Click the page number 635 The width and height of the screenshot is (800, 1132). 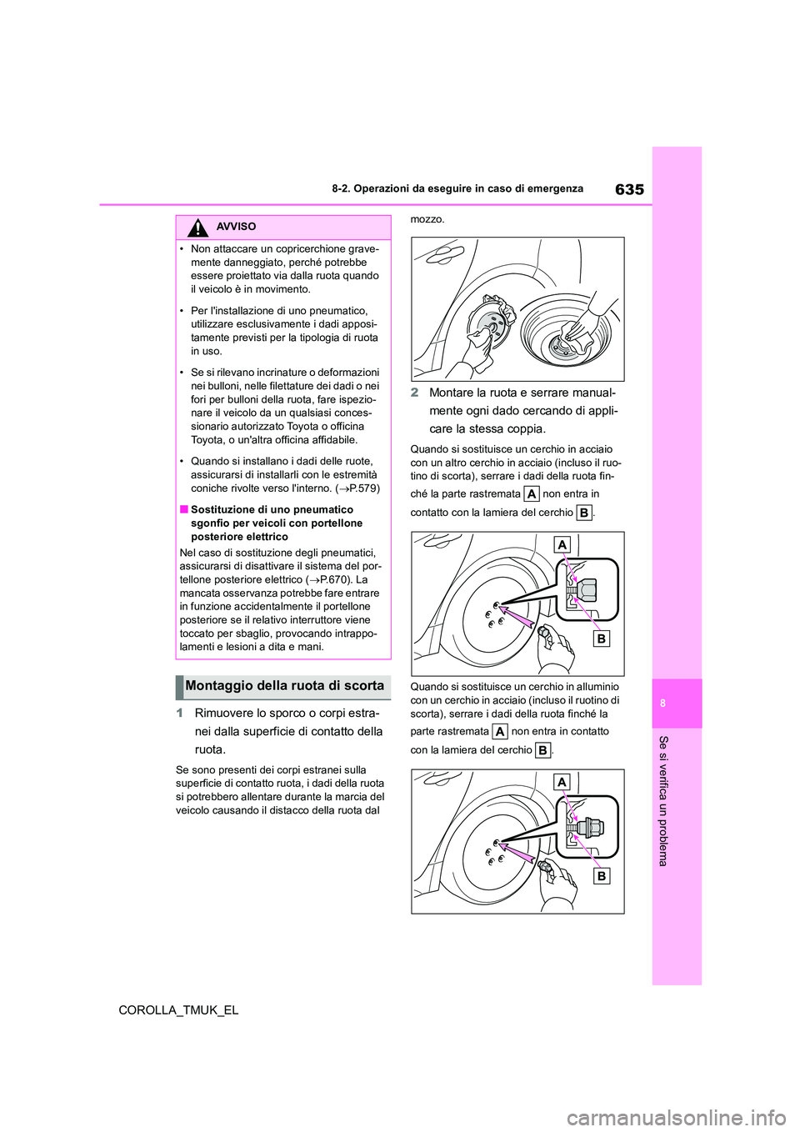point(629,189)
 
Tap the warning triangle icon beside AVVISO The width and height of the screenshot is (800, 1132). point(197,227)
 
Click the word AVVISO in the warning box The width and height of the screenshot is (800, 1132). point(236,227)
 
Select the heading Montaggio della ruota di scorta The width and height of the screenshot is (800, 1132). point(284,686)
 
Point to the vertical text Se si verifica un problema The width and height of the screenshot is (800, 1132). point(663,800)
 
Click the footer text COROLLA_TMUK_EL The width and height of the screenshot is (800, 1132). point(178,1009)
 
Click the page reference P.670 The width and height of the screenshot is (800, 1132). point(335,579)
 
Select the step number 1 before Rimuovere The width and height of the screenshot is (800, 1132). point(180,714)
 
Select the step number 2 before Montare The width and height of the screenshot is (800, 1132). point(414,393)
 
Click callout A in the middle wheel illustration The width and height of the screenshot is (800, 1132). point(562,545)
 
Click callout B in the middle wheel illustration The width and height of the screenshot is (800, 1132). point(602,639)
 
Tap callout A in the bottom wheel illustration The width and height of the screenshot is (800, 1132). point(562,782)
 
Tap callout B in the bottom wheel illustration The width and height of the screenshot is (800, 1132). point(601,876)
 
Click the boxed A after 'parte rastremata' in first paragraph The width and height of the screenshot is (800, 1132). point(531,494)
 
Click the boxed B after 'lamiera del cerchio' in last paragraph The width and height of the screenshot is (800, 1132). point(542,750)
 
